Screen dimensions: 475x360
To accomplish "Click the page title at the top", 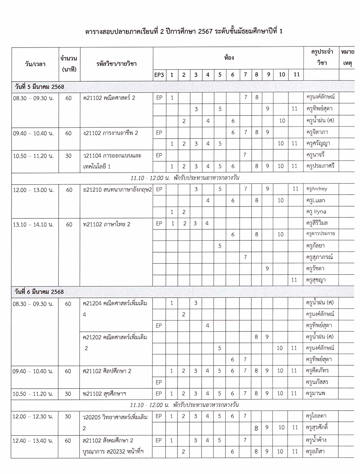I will tap(184, 31).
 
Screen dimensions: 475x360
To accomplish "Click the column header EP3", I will tap(159, 75).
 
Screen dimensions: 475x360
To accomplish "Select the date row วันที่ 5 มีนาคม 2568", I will tap(39, 87).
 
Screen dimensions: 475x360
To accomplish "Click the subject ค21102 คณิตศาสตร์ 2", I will tap(109, 98).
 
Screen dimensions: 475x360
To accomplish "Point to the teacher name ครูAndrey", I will tap(317, 189).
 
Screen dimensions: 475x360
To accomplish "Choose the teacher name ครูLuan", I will tap(315, 200).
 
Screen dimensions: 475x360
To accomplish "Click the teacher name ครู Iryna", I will tap(316, 212).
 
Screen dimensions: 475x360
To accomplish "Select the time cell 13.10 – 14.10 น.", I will tap(33, 225).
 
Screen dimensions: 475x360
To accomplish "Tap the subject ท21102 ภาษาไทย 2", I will tap(107, 225).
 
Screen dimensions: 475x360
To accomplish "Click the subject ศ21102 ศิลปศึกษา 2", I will tap(107, 371).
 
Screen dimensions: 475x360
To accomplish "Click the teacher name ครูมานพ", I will tap(316, 394).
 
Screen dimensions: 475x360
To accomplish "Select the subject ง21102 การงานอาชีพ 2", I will tap(111, 133).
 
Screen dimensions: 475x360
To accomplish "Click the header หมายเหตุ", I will tap(347, 58).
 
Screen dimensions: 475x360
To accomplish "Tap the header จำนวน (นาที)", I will tap(69, 64).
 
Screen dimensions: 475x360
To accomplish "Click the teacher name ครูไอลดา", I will tap(316, 416).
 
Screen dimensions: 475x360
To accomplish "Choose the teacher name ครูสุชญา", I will tap(316, 280).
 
